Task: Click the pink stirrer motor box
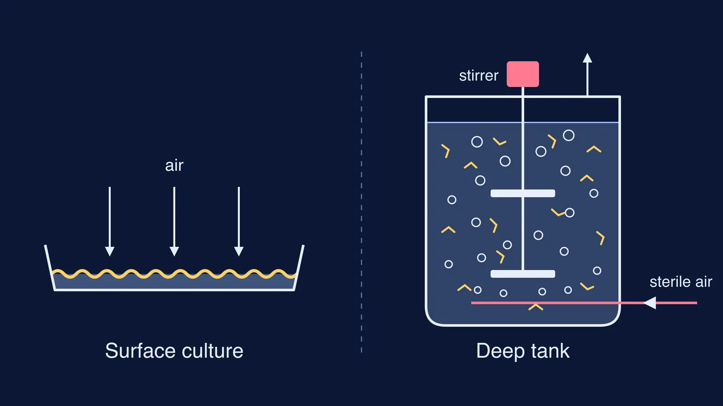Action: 522,74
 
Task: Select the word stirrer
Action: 479,75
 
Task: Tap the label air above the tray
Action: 174,166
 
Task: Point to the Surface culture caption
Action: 174,351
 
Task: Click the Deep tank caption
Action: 523,351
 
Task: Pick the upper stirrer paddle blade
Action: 523,194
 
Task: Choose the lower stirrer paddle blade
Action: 523,274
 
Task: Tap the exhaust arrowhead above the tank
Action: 587,58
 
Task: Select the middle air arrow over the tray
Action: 174,221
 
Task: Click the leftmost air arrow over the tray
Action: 110,221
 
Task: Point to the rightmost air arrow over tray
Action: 239,221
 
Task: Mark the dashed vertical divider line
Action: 361,202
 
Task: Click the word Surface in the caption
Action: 141,351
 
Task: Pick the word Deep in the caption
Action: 500,352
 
